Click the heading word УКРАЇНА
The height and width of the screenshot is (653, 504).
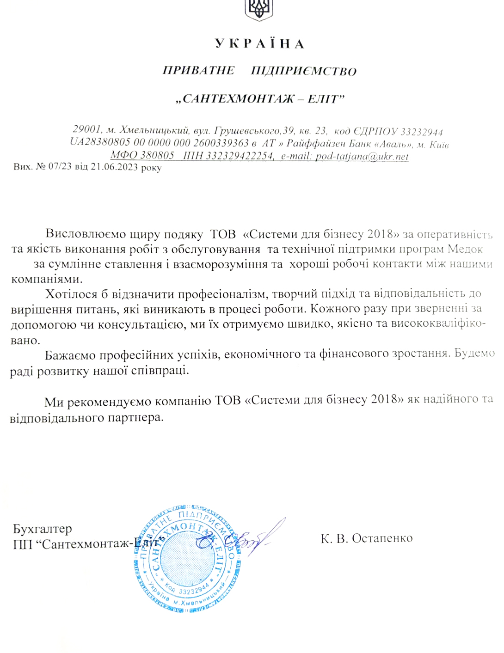pyautogui.click(x=259, y=44)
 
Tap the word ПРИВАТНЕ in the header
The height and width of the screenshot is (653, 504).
pyautogui.click(x=199, y=71)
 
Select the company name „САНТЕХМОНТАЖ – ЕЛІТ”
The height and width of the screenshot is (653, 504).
pyautogui.click(x=260, y=99)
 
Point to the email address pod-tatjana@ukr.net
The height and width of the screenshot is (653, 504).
pyautogui.click(x=362, y=156)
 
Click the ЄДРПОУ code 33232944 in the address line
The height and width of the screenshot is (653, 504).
pyautogui.click(x=422, y=132)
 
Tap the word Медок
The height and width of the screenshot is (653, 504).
pyautogui.click(x=465, y=250)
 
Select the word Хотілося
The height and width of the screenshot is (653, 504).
pyautogui.click(x=72, y=294)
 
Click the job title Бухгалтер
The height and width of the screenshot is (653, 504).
pyautogui.click(x=43, y=529)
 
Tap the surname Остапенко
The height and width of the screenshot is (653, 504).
pyautogui.click(x=382, y=538)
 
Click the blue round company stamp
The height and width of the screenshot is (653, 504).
pyautogui.click(x=187, y=560)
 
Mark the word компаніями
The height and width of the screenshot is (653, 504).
pyautogui.click(x=47, y=279)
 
